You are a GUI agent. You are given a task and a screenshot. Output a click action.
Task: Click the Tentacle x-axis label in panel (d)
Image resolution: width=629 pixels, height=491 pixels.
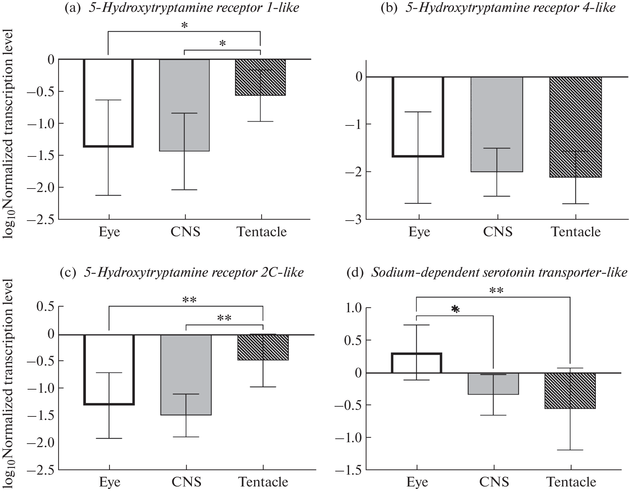(x=571, y=482)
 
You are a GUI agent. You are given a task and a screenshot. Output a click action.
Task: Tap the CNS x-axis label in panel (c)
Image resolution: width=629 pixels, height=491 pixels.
(x=186, y=482)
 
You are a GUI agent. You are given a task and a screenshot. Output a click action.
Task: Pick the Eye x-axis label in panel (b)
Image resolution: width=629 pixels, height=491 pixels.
(x=419, y=231)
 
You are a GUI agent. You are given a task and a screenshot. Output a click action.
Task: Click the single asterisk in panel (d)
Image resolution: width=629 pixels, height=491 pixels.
(x=455, y=309)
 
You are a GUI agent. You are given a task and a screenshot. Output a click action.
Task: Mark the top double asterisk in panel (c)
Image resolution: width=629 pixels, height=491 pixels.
(x=189, y=300)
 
